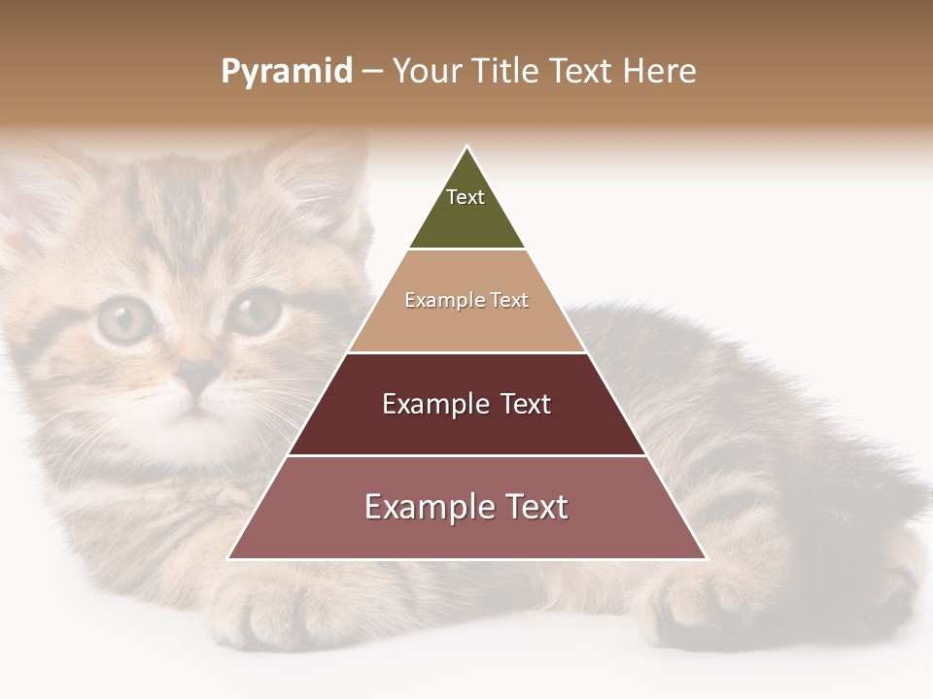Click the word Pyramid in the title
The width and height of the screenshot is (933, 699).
click(x=287, y=71)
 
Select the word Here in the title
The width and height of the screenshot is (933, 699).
click(x=659, y=71)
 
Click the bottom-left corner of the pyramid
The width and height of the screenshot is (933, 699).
click(x=230, y=558)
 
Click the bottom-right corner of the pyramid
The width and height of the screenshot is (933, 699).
click(x=705, y=558)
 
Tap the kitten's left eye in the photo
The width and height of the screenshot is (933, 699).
click(x=124, y=320)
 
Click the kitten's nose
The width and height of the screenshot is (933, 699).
click(x=199, y=374)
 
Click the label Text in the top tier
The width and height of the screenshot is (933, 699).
click(x=466, y=197)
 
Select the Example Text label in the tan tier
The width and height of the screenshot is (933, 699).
click(x=466, y=300)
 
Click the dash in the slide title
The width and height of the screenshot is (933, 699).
click(x=372, y=71)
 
